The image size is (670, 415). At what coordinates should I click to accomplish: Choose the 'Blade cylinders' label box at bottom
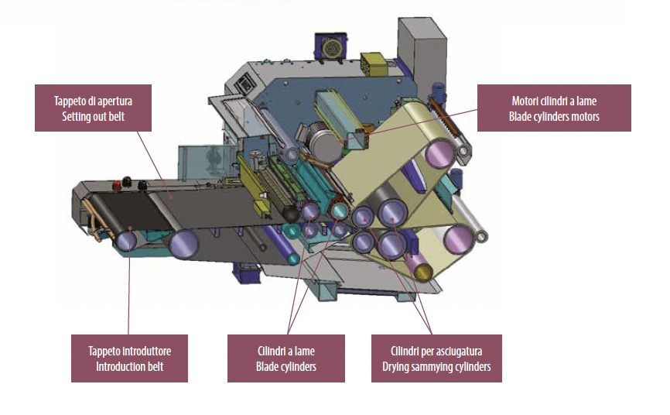285,358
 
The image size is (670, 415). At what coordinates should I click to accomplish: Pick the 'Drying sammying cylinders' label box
436,358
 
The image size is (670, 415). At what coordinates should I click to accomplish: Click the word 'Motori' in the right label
527,101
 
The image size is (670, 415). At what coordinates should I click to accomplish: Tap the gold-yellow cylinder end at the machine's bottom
422,271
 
